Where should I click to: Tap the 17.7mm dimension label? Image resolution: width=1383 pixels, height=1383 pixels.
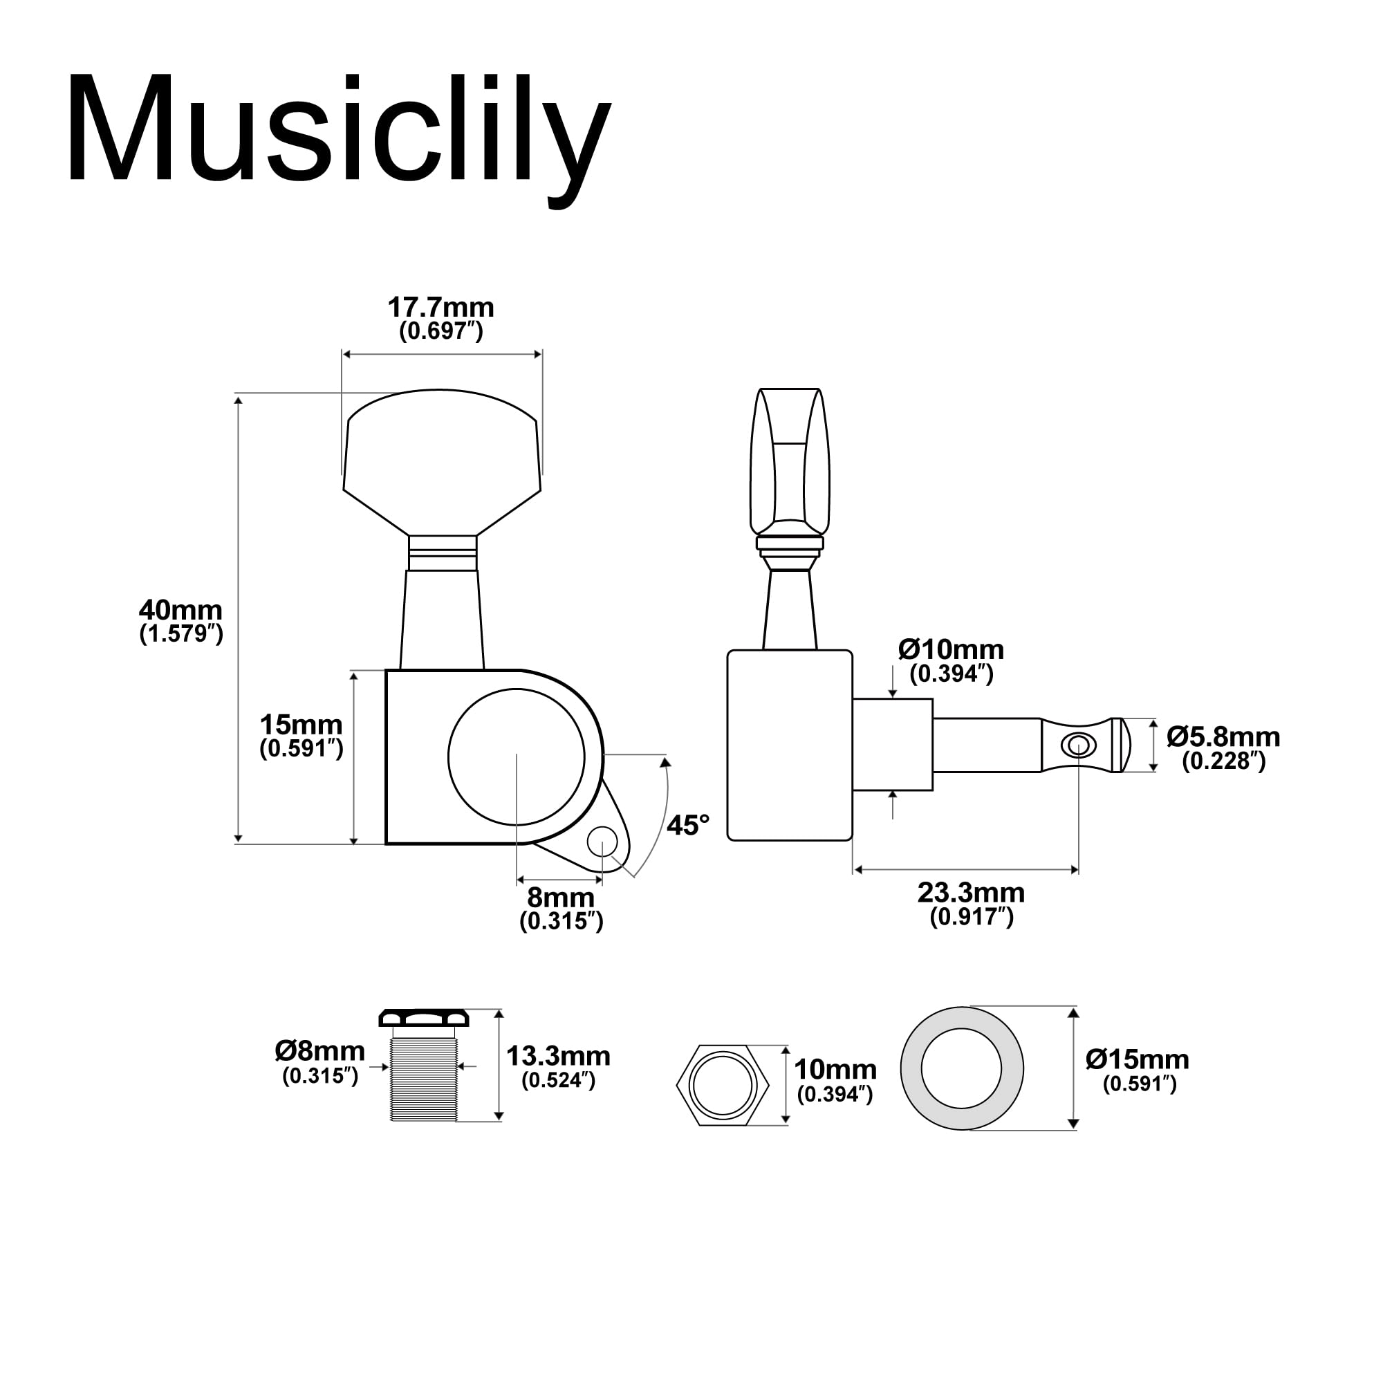(x=440, y=308)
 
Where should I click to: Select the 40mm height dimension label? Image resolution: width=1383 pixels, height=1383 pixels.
(x=180, y=611)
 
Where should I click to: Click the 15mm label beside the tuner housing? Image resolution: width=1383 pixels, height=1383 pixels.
(x=301, y=725)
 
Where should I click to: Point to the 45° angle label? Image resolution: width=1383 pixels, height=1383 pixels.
(x=687, y=826)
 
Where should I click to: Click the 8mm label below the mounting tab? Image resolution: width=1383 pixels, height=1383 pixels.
(x=561, y=898)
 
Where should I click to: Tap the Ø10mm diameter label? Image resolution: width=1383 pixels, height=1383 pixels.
(x=951, y=650)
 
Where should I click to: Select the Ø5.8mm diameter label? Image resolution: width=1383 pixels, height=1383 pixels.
(x=1223, y=736)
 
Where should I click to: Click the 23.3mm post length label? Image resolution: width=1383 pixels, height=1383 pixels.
(x=971, y=893)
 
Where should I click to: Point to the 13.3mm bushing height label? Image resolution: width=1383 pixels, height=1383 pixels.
(x=557, y=1056)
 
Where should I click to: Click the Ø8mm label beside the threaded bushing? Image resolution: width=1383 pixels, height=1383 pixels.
(x=319, y=1052)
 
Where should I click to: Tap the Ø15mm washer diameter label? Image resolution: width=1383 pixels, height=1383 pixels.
(x=1137, y=1059)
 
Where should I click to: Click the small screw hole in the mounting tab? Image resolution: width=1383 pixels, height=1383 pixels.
(x=602, y=842)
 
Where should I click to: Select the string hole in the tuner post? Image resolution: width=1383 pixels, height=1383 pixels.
(x=1077, y=746)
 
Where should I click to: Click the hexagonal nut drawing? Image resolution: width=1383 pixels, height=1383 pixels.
(x=723, y=1085)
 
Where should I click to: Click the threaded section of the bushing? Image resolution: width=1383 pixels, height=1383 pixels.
(x=424, y=1081)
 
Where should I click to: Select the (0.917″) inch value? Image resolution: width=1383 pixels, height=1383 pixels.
(x=971, y=917)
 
